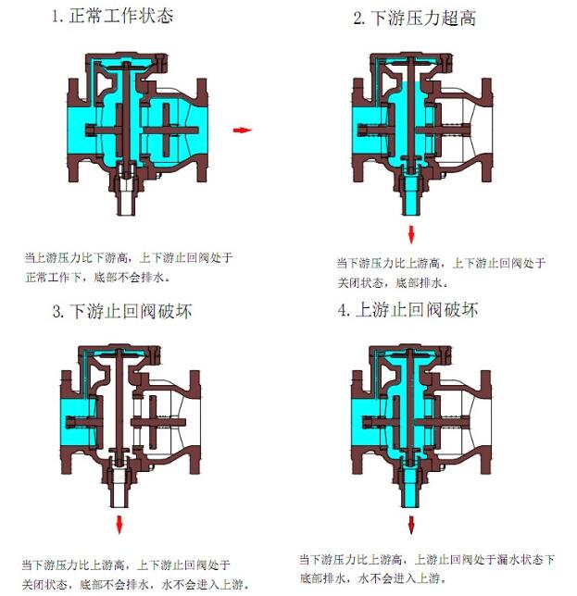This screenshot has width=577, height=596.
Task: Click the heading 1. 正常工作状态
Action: [x=113, y=16]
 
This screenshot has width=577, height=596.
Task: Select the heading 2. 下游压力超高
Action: [x=415, y=18]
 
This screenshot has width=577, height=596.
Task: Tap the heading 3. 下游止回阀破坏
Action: [x=122, y=311]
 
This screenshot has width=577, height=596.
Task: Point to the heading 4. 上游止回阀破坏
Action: [x=408, y=310]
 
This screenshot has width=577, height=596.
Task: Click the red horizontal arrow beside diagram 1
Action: [x=243, y=130]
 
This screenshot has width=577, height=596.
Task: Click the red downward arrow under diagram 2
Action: [x=411, y=234]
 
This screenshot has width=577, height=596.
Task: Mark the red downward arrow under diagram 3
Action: [x=119, y=525]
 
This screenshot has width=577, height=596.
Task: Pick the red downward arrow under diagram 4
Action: [x=411, y=525]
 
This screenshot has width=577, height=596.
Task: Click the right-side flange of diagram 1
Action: [x=202, y=130]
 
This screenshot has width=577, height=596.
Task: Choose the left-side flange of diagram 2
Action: [x=357, y=130]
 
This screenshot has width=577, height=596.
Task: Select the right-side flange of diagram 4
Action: [x=485, y=422]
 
